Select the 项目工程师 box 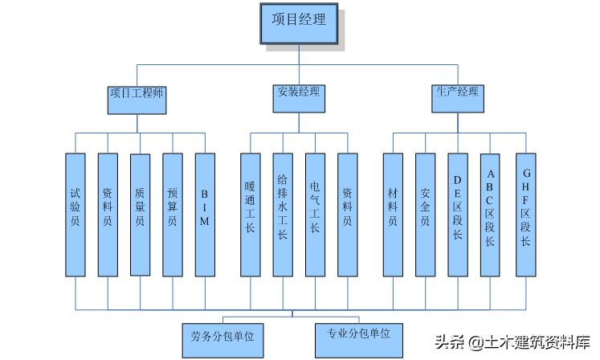point(137,92)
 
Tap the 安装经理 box point(297,92)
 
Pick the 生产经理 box point(457,92)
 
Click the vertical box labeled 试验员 point(76,214)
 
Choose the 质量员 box point(140,214)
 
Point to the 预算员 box point(173,214)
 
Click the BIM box point(205,214)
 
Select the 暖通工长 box point(250,214)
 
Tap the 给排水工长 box point(282,214)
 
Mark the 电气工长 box point(315,214)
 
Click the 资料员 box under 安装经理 point(347,214)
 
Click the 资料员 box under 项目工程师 point(108,214)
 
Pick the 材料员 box point(393,214)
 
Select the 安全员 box point(425,214)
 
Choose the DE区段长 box point(458,214)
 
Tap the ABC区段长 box point(491,214)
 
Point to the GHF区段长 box point(525,214)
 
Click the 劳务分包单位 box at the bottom point(222,335)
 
